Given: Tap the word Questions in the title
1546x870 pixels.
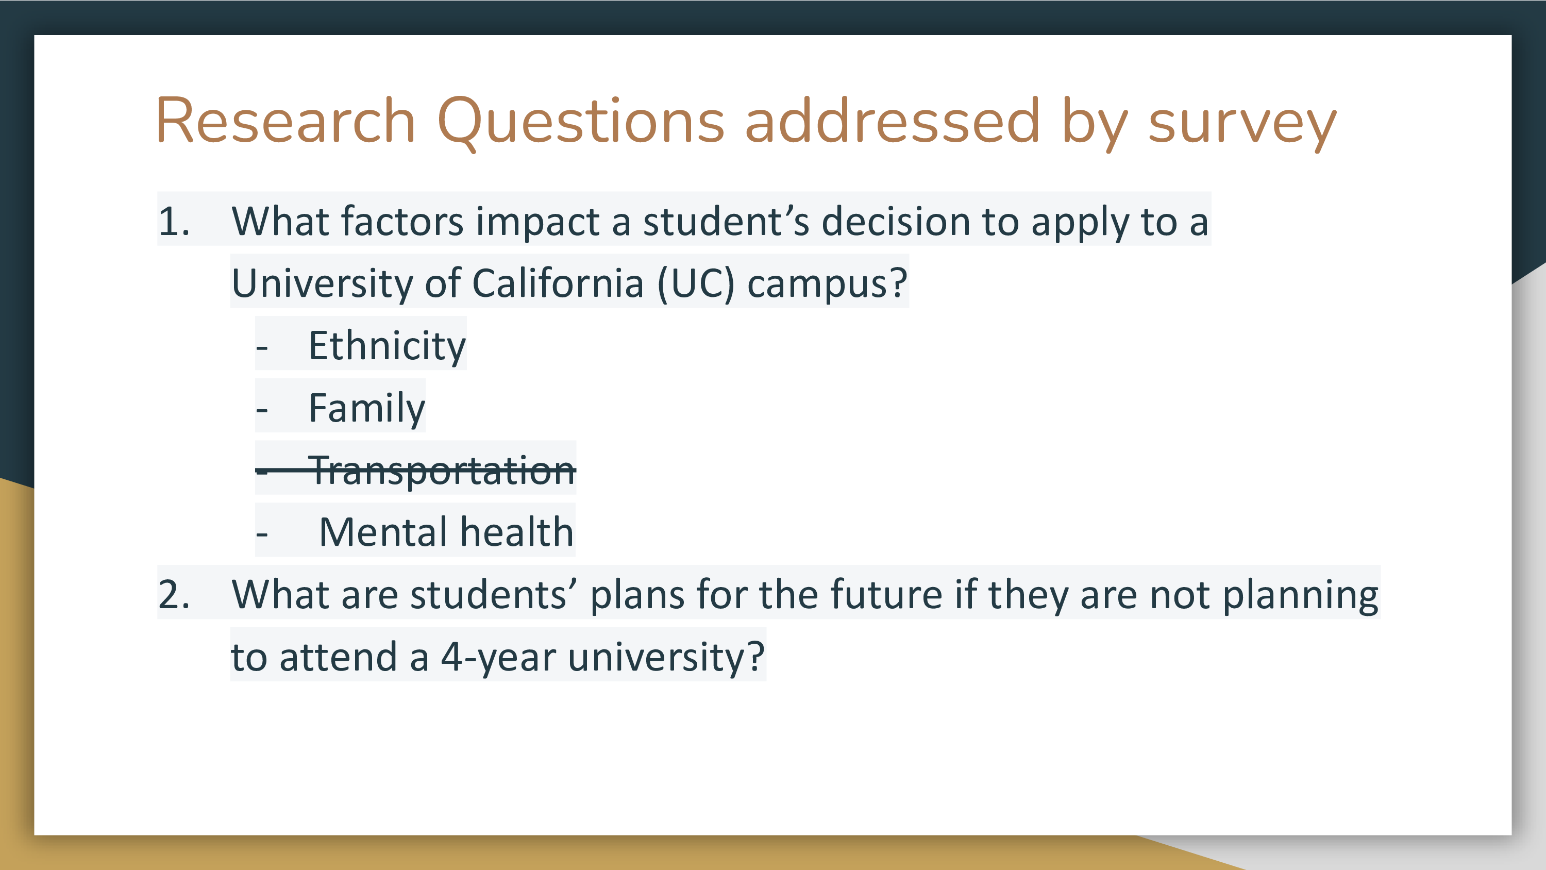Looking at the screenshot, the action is (x=581, y=123).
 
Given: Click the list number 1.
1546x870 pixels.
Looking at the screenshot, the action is (x=174, y=221).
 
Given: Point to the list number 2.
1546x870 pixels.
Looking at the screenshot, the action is (x=174, y=594).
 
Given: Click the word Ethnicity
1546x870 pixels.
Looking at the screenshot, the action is (x=387, y=347).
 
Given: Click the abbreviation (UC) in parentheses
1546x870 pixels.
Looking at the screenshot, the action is (x=696, y=284).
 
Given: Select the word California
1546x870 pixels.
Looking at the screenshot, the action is (x=558, y=283).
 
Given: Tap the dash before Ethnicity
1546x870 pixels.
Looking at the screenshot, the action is (x=262, y=348).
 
